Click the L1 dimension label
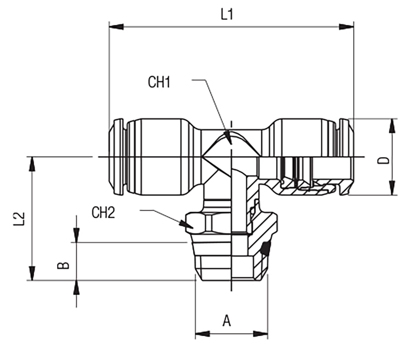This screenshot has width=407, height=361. click(227, 15)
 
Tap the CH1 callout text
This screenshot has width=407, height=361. click(159, 82)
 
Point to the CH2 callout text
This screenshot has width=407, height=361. click(103, 213)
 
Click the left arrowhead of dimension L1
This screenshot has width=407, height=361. click(116, 27)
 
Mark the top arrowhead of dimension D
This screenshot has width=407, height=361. click(392, 126)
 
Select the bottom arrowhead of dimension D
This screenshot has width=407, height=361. click(392, 188)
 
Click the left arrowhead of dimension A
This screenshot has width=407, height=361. click(202, 334)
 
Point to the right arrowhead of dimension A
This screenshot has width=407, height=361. click(260, 334)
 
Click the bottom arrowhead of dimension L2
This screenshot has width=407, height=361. click(32, 273)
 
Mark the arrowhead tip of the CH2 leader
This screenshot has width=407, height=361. click(193, 228)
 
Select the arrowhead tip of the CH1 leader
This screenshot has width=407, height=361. click(231, 144)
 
